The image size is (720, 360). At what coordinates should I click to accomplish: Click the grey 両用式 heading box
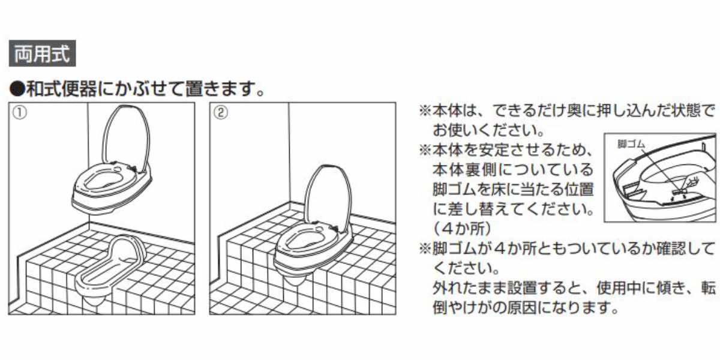[x=43, y=53]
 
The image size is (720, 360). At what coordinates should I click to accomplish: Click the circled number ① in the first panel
[x=20, y=113]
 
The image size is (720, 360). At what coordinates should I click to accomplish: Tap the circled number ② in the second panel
[x=221, y=113]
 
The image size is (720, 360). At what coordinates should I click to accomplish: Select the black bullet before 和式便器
[x=17, y=89]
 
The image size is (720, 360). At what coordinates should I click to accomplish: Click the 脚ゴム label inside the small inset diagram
[x=631, y=145]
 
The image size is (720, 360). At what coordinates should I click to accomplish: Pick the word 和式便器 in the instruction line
[x=61, y=89]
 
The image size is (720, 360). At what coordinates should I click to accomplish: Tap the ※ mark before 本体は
[x=425, y=111]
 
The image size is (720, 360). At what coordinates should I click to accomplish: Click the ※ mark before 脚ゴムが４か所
[x=425, y=249]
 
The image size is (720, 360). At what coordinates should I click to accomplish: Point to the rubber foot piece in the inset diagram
[x=678, y=192]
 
